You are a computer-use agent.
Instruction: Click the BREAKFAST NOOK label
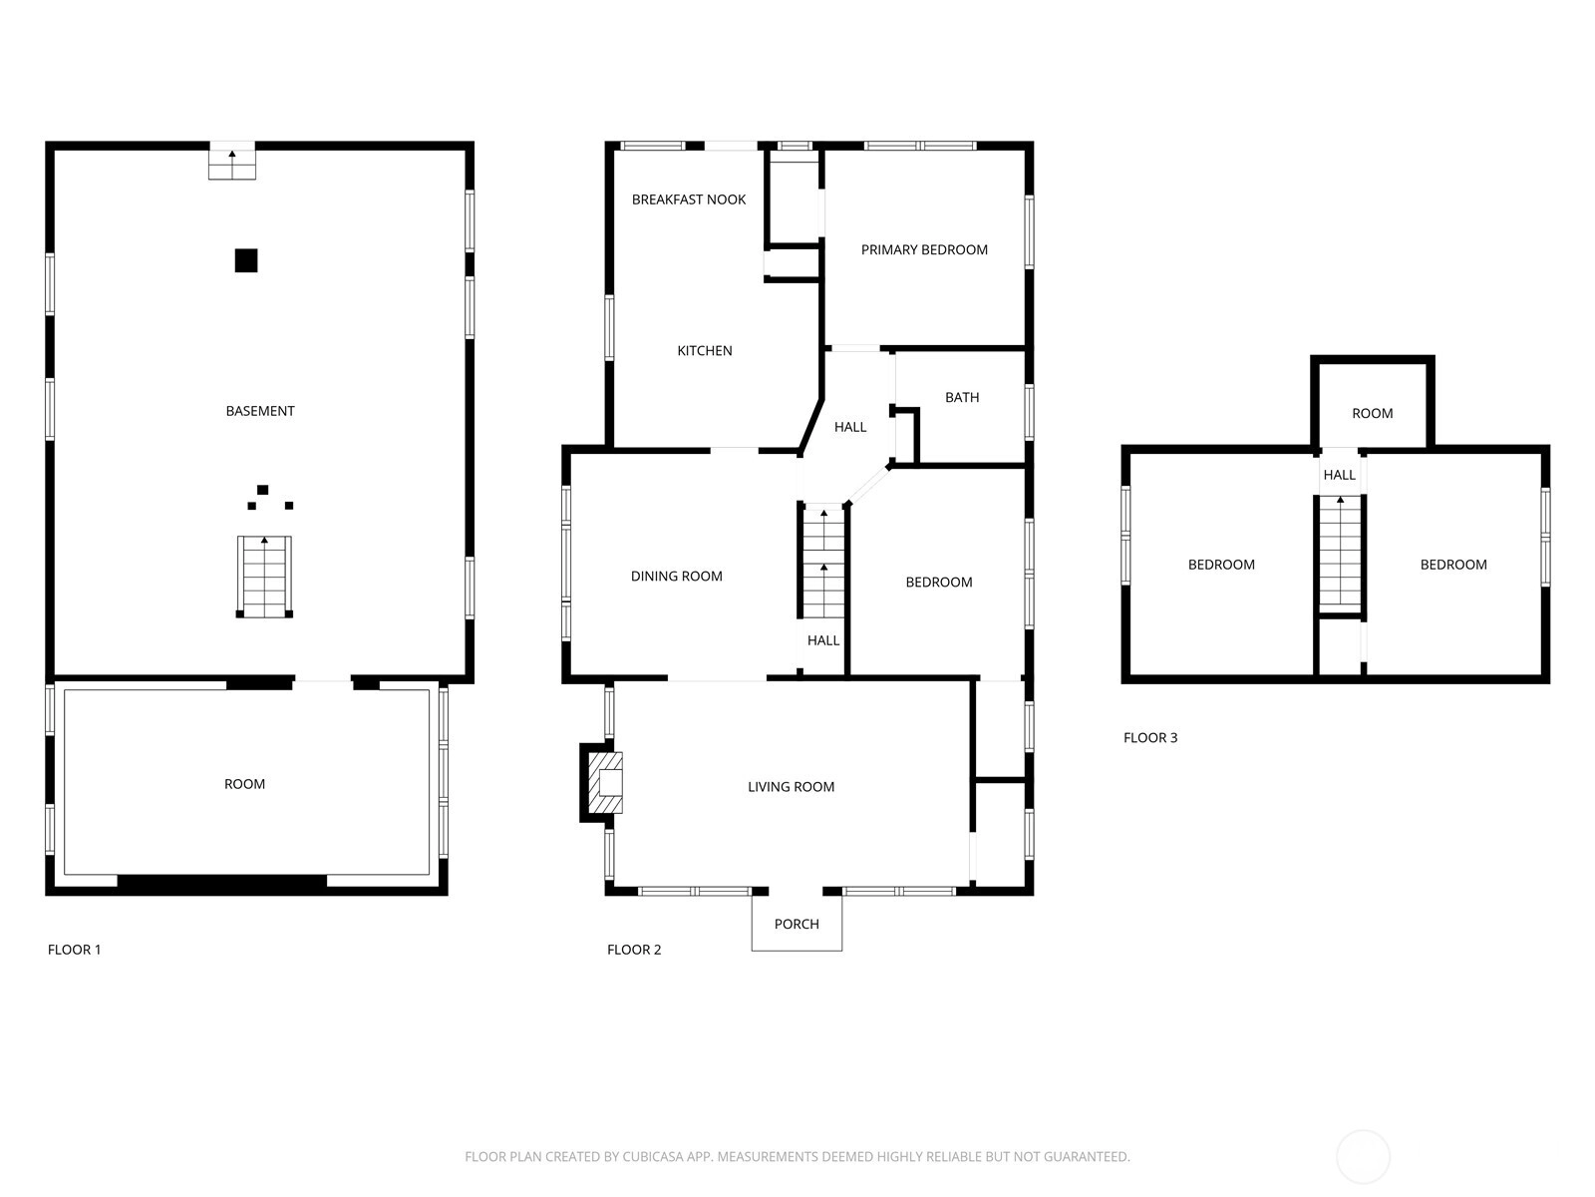(688, 199)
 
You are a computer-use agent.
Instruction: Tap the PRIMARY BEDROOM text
(923, 249)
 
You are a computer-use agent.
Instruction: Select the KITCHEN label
(704, 350)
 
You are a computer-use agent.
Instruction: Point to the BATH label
(961, 397)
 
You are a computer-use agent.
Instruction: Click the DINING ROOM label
(676, 576)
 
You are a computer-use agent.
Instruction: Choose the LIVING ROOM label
(791, 786)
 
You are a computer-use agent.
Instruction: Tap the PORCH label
(797, 924)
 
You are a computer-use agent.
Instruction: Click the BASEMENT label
(260, 411)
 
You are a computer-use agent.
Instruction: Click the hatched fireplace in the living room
(605, 782)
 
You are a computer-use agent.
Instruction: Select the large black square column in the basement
(246, 260)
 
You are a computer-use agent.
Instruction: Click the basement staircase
(264, 577)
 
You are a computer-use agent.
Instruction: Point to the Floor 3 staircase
(1340, 554)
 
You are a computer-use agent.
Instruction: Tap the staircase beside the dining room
(823, 561)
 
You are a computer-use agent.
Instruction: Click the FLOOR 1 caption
(74, 950)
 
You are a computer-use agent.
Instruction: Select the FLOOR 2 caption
(634, 950)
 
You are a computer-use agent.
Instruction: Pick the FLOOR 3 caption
(1150, 738)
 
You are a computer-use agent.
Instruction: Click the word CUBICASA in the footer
(653, 1156)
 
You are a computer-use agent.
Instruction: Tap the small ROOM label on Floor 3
(1372, 413)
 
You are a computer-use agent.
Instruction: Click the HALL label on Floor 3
(1339, 475)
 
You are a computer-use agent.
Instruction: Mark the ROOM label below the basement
(244, 783)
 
